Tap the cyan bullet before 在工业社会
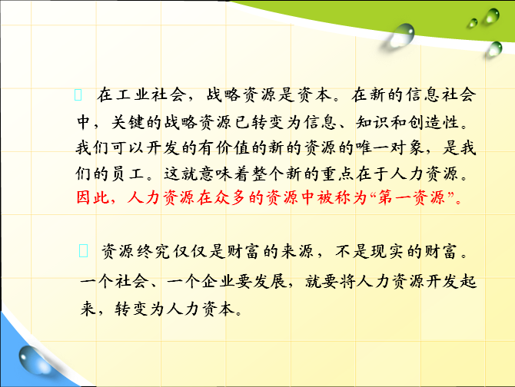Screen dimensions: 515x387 coord(78,94)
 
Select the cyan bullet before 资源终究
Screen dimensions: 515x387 coord(84,250)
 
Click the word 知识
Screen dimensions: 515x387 coord(373,122)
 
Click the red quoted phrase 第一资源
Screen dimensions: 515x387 coord(411,198)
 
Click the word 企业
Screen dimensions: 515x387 coord(218,281)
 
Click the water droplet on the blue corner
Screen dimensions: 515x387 coord(34,360)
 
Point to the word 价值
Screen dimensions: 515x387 coord(233,147)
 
